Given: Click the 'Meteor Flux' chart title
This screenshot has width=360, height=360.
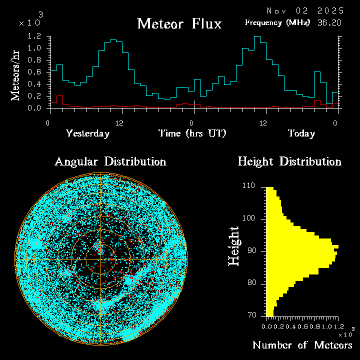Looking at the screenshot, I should tap(179, 23).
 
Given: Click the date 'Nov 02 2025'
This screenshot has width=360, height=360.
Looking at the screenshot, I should tap(305, 10).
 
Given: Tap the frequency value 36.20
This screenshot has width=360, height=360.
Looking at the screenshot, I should tap(330, 22).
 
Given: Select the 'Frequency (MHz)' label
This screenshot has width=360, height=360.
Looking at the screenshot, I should tap(277, 22).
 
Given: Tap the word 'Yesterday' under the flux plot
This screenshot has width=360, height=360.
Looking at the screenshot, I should tap(87, 133).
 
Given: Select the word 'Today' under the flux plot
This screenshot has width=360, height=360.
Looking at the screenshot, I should tap(301, 133).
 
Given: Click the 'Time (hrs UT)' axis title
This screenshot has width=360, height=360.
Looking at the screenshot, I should tap(192, 133).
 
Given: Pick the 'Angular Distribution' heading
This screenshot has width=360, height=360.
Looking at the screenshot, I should tap(110, 161).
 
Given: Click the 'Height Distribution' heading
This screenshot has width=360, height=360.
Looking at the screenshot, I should tap(289, 161).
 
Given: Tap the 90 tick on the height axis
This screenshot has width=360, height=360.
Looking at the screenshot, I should tap(250, 251).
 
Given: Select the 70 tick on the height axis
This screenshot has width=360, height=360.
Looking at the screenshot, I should tap(250, 315).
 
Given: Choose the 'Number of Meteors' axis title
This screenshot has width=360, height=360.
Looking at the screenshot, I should tap(302, 345).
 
